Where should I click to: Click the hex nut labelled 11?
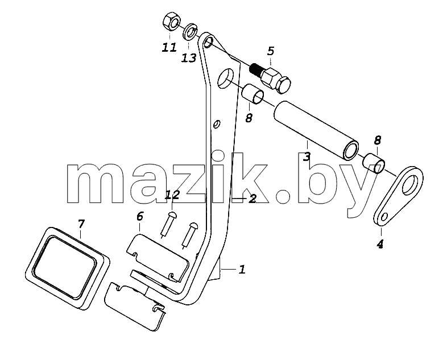coord(171,23)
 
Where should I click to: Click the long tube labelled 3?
coord(316,132)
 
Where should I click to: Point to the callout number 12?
coord(173,196)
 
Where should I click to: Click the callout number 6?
coord(140,217)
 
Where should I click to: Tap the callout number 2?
coord(253,198)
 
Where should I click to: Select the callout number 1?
coord(242,270)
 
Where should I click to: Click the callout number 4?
coord(380,245)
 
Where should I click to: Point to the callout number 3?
coord(307,157)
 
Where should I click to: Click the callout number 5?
coord(271,51)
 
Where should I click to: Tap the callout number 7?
coord(81,224)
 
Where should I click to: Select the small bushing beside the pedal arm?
coord(253,94)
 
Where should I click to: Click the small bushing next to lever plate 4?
coord(374,163)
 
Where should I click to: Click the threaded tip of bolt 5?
coord(255,70)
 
